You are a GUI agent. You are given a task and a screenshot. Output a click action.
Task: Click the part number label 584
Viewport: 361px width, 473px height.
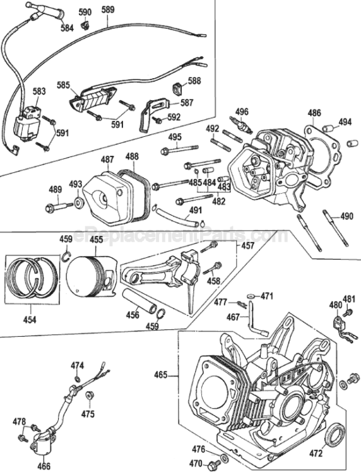coord(67,28)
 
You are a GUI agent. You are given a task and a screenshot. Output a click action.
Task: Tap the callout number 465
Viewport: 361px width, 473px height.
coord(160,375)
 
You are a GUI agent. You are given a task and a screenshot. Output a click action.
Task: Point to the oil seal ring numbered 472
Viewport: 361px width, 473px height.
coord(334,435)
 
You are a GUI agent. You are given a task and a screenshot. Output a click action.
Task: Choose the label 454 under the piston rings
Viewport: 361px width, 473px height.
coord(30,320)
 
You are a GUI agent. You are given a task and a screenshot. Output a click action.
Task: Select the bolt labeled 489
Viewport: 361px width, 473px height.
coord(59,207)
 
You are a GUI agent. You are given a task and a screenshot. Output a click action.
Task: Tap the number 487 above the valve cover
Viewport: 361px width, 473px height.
coord(107,160)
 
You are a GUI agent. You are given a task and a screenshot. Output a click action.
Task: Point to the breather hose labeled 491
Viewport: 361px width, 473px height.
coord(177,215)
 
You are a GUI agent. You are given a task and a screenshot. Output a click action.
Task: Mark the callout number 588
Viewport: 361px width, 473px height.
coord(194,81)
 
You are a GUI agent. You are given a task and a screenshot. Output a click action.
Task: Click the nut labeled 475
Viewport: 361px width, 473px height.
coord(90,395)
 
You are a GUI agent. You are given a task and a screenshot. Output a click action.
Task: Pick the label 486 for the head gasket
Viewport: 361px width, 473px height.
coord(314,114)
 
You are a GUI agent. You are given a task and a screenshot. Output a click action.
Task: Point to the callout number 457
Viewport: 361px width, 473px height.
coord(247,246)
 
